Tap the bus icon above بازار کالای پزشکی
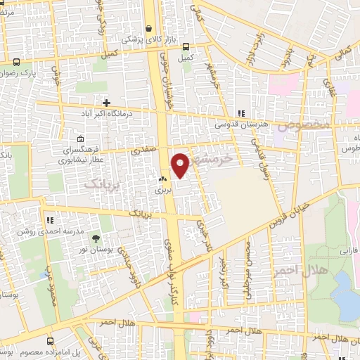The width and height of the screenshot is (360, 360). click(x=148, y=29)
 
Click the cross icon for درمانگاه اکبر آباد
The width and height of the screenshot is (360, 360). click(x=105, y=103)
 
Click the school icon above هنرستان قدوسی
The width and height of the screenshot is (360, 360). click(x=241, y=112)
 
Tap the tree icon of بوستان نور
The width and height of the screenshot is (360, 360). click(x=96, y=240)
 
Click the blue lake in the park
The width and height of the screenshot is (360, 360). click(x=345, y=295)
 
